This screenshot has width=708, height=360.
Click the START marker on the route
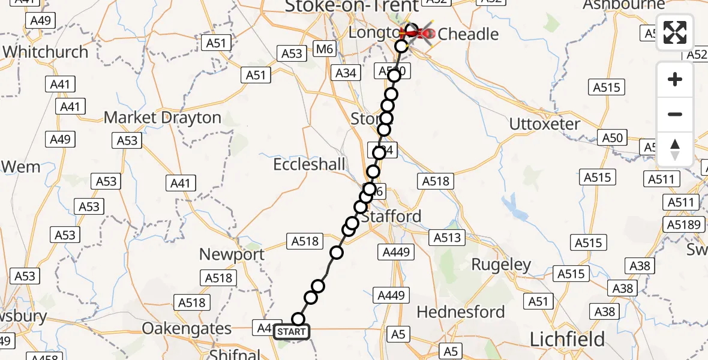click(292, 332)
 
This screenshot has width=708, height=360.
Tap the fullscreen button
click(675, 32)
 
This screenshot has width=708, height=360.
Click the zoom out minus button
click(675, 114)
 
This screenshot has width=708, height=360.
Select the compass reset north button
click(675, 149)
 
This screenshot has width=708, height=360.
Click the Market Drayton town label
click(163, 118)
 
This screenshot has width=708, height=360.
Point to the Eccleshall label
click(309, 164)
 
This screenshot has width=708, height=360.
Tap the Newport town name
click(232, 254)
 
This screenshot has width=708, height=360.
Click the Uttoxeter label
click(545, 124)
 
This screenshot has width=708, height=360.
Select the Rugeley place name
click(501, 265)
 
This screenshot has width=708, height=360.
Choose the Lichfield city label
click(567, 340)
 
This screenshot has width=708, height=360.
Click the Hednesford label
click(460, 312)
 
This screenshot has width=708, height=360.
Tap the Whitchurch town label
click(46, 52)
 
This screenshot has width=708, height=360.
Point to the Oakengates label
click(187, 329)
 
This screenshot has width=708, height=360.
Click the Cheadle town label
click(468, 34)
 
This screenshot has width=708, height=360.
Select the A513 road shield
click(448, 238)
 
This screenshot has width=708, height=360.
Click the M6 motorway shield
click(325, 49)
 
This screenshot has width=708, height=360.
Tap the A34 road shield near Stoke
click(346, 73)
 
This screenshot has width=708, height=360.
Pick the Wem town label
click(21, 166)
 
